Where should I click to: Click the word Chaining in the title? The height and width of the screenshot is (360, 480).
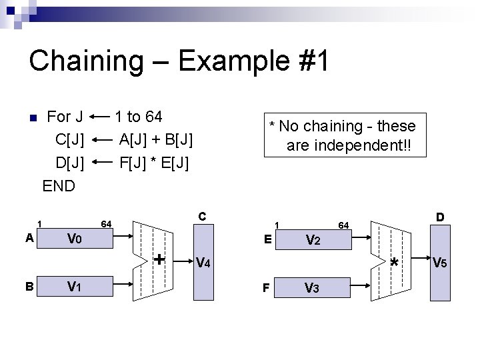(85, 61)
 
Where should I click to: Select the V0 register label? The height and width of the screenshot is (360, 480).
(74, 239)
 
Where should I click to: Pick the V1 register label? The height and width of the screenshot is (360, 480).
(74, 287)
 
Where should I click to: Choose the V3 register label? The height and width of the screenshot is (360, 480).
(311, 288)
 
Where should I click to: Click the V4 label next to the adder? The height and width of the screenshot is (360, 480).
(204, 263)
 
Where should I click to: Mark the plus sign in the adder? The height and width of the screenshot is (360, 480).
(159, 259)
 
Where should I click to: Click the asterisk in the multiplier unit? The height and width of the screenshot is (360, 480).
(395, 263)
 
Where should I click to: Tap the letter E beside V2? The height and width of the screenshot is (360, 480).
(267, 238)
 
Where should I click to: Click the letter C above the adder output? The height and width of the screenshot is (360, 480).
(202, 216)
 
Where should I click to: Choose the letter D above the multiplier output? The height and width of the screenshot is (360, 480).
(440, 217)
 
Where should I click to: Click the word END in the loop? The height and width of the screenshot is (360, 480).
(59, 185)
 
